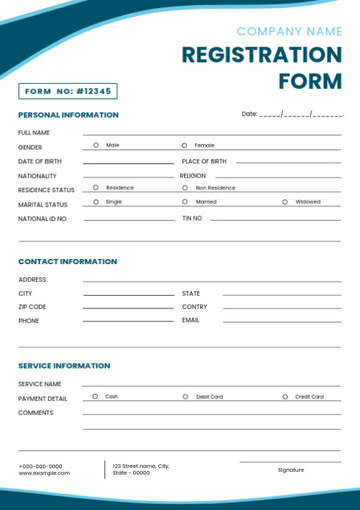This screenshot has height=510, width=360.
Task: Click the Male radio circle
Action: point(96,146)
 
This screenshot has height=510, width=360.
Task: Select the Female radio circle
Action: point(184,146)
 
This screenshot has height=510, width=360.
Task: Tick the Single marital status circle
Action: point(96,202)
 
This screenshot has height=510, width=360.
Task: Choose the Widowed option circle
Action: point(285,202)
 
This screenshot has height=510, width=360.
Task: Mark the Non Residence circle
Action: point(184,188)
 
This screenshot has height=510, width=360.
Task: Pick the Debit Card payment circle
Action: point(185,397)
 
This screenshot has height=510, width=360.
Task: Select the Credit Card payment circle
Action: point(285,397)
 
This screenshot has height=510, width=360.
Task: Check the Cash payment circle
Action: point(95,397)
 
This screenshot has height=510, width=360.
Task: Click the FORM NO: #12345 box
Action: point(68,91)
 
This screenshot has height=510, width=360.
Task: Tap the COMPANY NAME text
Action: point(289,32)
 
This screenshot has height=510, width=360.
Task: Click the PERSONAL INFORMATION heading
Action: point(68,115)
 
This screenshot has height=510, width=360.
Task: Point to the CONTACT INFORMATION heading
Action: point(67,261)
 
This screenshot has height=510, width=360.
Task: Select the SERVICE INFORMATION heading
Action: point(64,366)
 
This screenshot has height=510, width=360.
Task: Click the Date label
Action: point(249,114)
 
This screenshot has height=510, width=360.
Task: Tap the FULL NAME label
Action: point(34,132)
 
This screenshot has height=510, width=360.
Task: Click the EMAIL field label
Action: point(191,320)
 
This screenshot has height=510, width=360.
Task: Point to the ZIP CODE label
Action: point(32,307)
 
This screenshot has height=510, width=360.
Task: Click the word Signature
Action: point(291,470)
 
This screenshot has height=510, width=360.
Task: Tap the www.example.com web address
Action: point(44,473)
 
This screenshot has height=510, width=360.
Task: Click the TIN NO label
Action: point(192,219)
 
